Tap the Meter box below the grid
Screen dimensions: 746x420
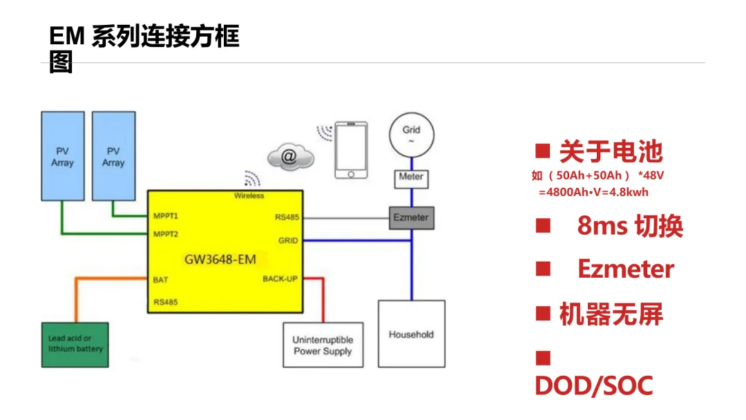point(412,179)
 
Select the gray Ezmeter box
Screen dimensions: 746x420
point(412,218)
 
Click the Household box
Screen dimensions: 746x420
point(412,334)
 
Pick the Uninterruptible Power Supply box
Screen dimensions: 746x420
point(323,345)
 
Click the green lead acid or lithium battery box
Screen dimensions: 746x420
point(75,345)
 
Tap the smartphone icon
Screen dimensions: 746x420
point(351,151)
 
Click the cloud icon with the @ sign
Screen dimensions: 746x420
point(291,157)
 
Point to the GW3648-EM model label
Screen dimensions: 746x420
point(220,260)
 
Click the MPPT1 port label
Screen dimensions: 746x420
point(166,216)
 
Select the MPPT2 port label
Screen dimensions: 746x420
point(166,234)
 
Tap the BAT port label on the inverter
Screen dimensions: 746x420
point(160,280)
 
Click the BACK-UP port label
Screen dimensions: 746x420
point(280,278)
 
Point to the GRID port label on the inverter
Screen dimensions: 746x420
point(288,240)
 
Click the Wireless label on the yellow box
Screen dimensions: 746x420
point(249,195)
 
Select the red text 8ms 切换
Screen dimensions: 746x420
point(630,226)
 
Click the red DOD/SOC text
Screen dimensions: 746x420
point(594,385)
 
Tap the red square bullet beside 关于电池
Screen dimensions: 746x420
point(543,151)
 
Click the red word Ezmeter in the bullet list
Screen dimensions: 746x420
point(626,269)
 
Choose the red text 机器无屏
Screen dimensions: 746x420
point(611,314)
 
